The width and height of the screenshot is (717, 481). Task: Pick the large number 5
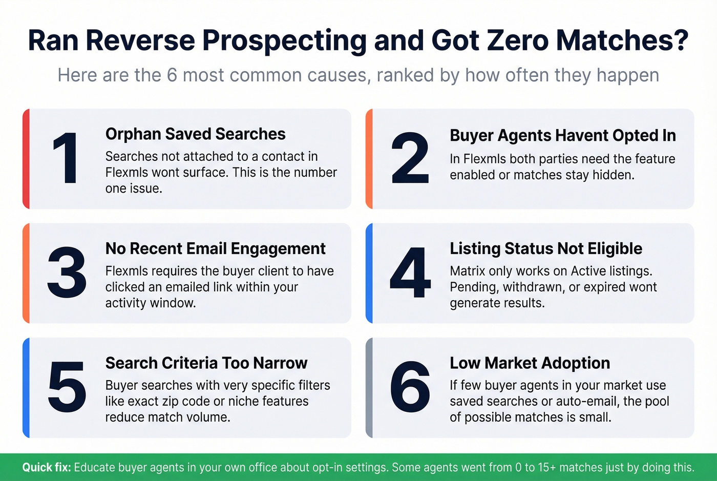[x=67, y=387]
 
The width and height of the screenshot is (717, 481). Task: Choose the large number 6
[x=410, y=387]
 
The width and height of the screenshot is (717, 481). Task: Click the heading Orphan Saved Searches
[x=195, y=134]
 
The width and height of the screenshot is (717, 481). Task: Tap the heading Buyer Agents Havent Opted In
[x=562, y=135]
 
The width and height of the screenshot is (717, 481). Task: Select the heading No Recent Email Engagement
[x=215, y=248]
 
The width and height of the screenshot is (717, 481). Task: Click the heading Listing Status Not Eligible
[x=545, y=248]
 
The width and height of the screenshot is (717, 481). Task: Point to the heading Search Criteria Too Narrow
[x=206, y=363]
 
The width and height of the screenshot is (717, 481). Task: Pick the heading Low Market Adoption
[x=530, y=363]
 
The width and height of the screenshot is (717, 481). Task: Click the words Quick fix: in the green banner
[x=47, y=467]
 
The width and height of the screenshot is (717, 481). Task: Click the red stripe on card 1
[x=26, y=158]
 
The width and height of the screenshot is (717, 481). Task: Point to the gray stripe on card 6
[x=369, y=387]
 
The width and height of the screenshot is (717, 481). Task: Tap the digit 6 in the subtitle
[x=172, y=75]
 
